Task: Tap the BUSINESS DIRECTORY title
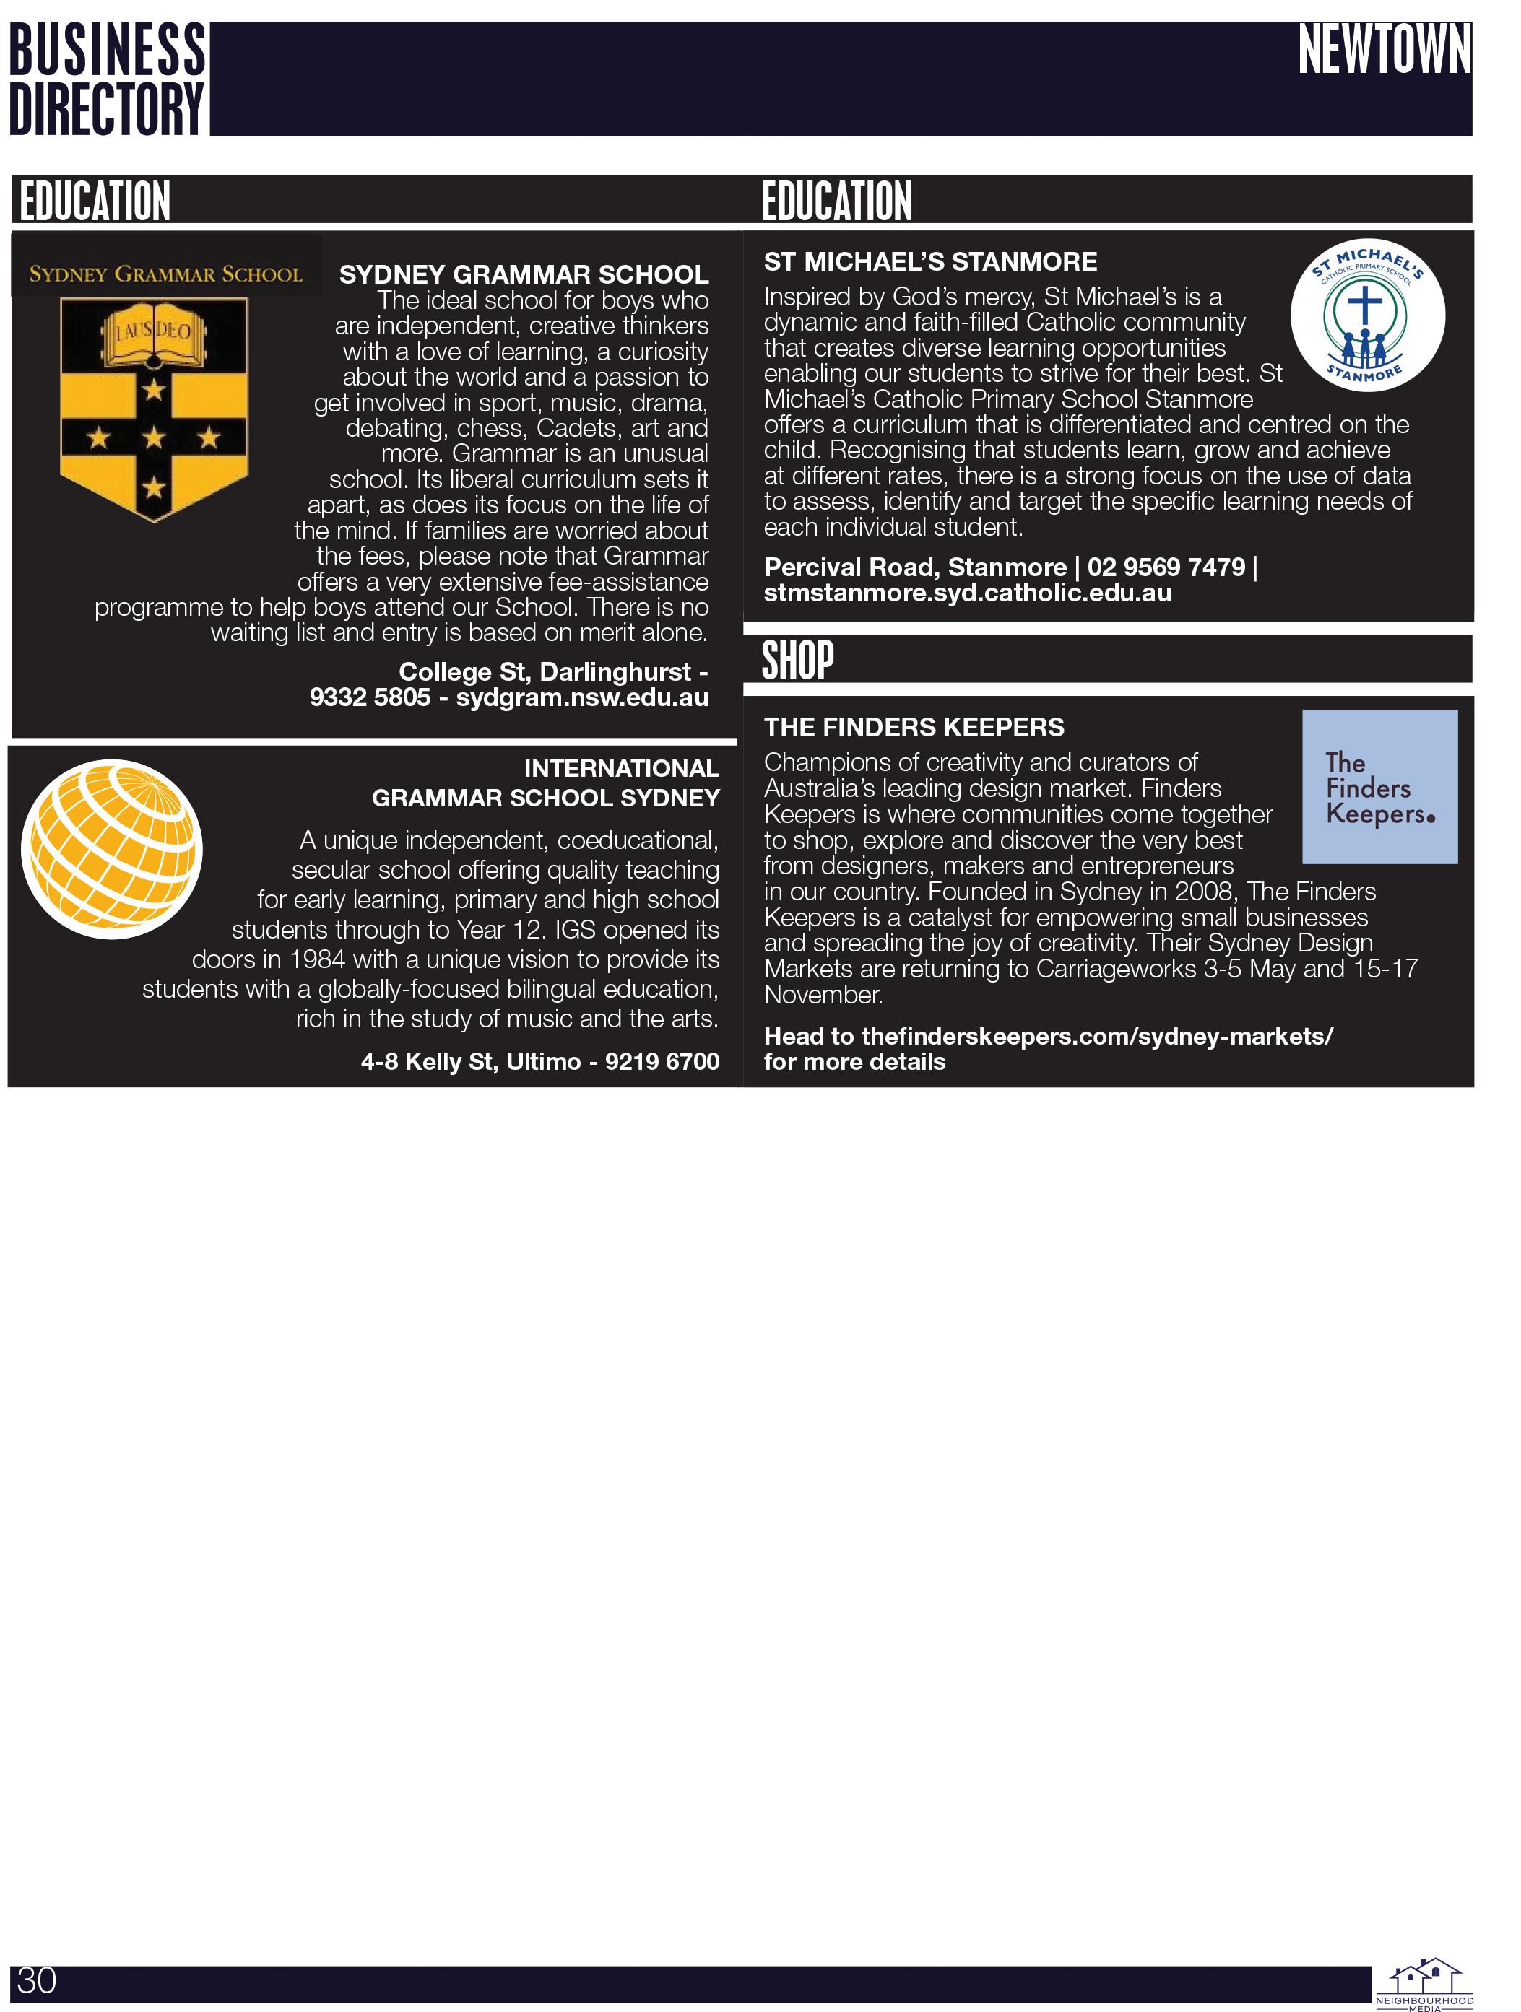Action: click(108, 79)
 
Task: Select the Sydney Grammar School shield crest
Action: click(154, 409)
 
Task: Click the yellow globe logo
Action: click(112, 849)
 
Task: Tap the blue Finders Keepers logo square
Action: click(1379, 787)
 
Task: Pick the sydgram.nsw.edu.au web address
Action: click(582, 697)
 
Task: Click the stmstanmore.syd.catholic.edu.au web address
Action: click(967, 593)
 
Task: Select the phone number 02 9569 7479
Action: click(1166, 567)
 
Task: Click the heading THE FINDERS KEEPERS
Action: click(914, 727)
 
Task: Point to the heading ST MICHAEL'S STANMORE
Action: click(929, 262)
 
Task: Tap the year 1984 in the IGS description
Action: click(319, 959)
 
